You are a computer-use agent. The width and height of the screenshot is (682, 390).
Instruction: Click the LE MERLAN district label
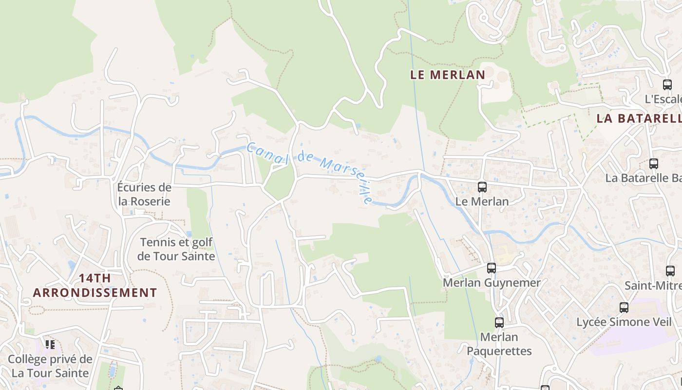pyautogui.click(x=448, y=75)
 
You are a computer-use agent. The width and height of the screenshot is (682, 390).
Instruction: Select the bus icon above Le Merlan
pyautogui.click(x=482, y=187)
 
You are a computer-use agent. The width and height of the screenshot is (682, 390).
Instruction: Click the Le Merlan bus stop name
pyautogui.click(x=482, y=201)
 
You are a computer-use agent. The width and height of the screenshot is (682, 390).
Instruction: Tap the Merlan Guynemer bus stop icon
pyautogui.click(x=492, y=268)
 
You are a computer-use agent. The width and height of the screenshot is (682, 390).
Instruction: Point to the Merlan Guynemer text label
pyautogui.click(x=492, y=283)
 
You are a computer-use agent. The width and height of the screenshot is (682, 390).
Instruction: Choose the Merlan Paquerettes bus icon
pyautogui.click(x=499, y=322)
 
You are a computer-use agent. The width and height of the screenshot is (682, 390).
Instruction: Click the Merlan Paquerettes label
pyautogui.click(x=499, y=344)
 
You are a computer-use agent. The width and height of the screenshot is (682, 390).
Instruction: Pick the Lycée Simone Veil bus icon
pyautogui.click(x=624, y=307)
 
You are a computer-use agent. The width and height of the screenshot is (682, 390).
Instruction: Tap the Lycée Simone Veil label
pyautogui.click(x=624, y=322)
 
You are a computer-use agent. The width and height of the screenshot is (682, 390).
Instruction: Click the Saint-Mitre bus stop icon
pyautogui.click(x=670, y=271)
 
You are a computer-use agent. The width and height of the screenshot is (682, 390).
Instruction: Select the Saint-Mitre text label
pyautogui.click(x=653, y=286)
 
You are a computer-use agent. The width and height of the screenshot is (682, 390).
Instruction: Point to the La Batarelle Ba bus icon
pyautogui.click(x=654, y=164)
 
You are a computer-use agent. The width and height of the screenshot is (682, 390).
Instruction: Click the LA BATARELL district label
pyautogui.click(x=639, y=118)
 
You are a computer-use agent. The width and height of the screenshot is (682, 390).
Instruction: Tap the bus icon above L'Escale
pyautogui.click(x=667, y=84)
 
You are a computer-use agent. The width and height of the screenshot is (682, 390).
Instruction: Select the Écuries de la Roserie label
pyautogui.click(x=144, y=194)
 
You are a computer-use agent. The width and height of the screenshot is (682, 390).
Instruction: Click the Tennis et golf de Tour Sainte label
pyautogui.click(x=176, y=249)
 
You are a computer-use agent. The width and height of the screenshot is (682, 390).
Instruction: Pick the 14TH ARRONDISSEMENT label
pyautogui.click(x=95, y=286)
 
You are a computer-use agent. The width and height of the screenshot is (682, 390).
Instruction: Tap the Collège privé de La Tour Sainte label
pyautogui.click(x=50, y=366)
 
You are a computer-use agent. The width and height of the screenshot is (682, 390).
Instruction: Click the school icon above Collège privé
pyautogui.click(x=50, y=345)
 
